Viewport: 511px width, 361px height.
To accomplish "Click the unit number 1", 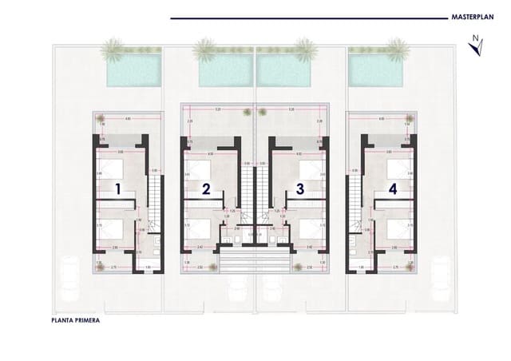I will pos(117,190).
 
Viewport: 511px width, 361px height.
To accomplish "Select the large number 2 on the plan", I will pos(206,190).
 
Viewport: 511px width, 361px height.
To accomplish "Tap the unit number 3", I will pos(300,190).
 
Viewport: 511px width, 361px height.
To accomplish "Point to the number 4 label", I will pos(392,190).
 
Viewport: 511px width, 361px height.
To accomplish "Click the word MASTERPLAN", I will pos(469,16).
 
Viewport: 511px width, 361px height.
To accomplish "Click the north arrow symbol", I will pos(476,46).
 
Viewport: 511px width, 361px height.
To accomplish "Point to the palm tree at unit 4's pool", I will pos(397,49).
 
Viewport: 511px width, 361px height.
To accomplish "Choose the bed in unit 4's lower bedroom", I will pos(397,228).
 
